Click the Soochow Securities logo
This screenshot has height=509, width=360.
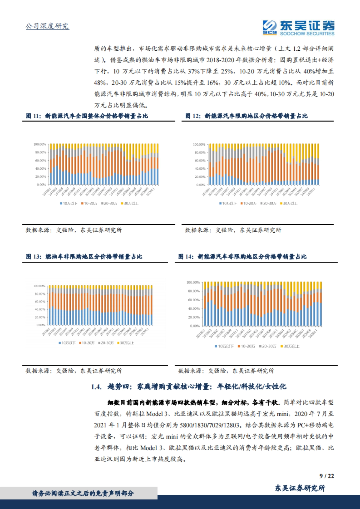298,28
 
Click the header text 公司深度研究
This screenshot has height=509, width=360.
47,26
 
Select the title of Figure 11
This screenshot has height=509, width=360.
87,116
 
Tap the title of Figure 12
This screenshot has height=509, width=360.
246,116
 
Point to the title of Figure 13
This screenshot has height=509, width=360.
84,257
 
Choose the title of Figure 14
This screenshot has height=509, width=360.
242,257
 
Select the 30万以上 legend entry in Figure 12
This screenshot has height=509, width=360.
289,204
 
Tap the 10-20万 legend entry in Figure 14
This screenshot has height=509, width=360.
246,346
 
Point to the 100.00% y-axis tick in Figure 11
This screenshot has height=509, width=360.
40,144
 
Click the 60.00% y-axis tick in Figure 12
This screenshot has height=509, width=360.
199,161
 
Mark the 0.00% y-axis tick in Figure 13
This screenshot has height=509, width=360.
41,325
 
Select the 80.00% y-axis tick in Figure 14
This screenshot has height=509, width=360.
193,291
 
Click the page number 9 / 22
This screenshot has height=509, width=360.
326,476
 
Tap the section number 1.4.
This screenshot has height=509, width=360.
96,387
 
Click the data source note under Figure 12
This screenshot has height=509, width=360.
233,230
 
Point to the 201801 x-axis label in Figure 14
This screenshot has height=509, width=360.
200,334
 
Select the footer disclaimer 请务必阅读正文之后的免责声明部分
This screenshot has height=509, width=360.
83,493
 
